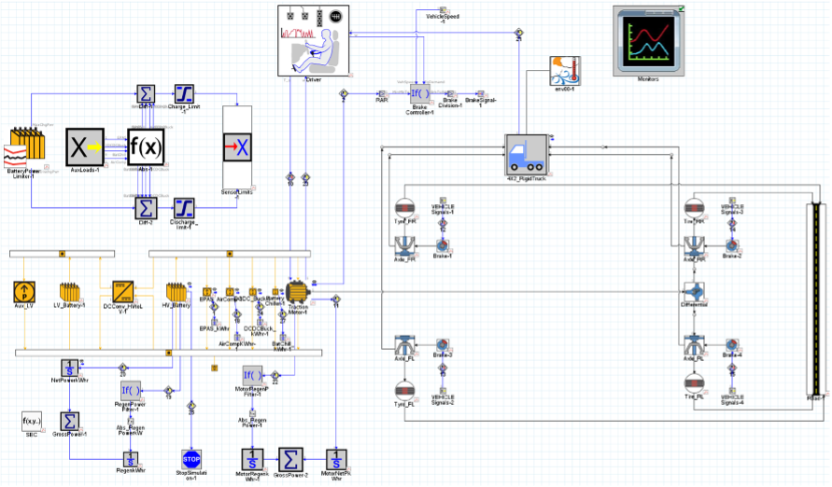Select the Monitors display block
pyautogui.click(x=648, y=40)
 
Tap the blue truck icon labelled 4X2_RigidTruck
pyautogui.click(x=529, y=153)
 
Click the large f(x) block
pyautogui.click(x=146, y=147)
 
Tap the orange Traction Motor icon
pyautogui.click(x=298, y=291)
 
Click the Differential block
pyautogui.click(x=694, y=291)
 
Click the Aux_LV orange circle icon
pyautogui.click(x=24, y=291)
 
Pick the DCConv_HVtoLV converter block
pyautogui.click(x=123, y=291)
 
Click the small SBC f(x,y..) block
pyautogui.click(x=34, y=422)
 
